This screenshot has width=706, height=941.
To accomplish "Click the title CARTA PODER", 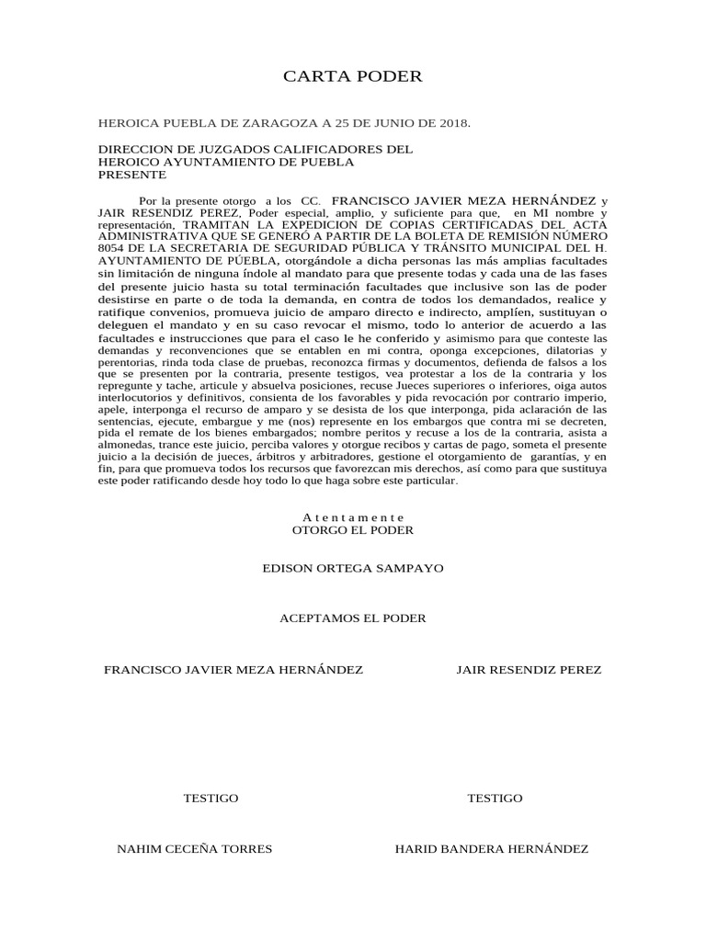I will (353, 76).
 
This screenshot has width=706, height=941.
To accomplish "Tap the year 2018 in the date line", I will (453, 123).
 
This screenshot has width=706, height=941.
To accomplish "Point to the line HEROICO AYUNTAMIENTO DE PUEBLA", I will (225, 162).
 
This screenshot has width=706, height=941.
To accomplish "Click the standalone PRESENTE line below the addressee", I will (132, 174).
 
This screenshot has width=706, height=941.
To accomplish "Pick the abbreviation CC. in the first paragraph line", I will (312, 200).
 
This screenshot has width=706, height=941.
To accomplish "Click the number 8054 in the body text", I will (111, 248).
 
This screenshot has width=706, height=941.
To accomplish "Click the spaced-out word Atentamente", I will (353, 517).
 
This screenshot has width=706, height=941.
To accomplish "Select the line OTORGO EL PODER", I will (353, 530).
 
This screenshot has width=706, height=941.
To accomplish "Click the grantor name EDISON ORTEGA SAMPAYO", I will (353, 568).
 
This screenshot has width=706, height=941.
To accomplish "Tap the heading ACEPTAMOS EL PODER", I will (353, 618).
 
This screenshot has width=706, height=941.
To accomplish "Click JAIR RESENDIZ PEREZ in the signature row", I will (529, 670).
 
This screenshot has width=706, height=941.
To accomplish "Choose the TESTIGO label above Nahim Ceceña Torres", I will (211, 798).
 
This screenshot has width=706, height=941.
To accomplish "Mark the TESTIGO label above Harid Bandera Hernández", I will (495, 798).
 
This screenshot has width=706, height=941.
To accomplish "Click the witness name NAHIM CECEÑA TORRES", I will (195, 849).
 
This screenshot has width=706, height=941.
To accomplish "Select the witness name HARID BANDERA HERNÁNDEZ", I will (491, 849).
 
